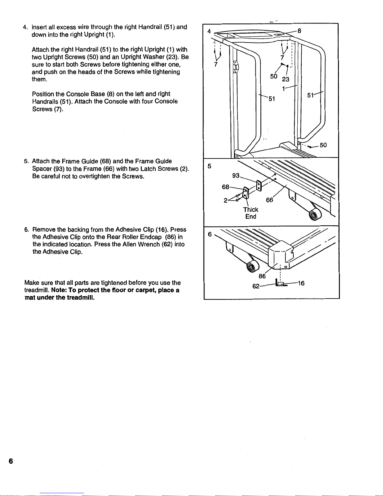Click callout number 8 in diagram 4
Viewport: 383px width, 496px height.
(299, 31)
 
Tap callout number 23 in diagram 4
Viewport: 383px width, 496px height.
(285, 79)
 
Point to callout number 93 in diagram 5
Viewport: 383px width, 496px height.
(236, 176)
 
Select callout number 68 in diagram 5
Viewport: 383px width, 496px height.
(225, 187)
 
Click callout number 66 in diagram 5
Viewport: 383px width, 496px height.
(270, 200)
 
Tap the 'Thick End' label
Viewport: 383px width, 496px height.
(251, 213)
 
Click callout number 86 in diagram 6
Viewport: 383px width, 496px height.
(262, 276)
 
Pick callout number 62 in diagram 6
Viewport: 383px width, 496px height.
(256, 286)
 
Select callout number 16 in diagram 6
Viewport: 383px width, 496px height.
(301, 283)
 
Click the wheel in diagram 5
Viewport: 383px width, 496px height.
(313, 215)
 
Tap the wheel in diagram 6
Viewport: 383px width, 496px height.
(252, 267)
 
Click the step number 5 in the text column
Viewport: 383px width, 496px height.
(26, 161)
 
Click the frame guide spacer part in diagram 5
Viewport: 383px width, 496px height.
(259, 186)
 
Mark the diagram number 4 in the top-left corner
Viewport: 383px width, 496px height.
(209, 31)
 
